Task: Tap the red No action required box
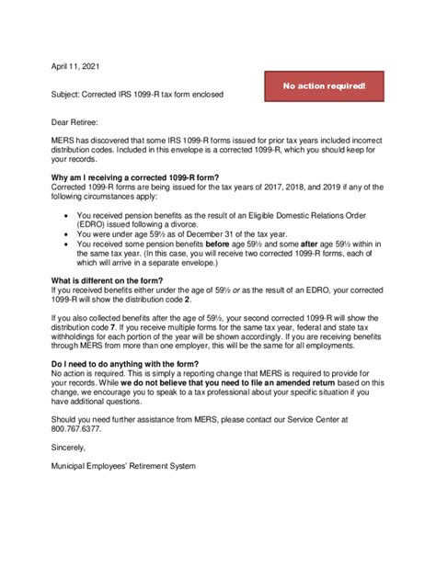pyautogui.click(x=324, y=86)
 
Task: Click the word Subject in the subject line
pyautogui.click(x=66, y=96)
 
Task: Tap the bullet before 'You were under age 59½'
pyautogui.click(x=68, y=233)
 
